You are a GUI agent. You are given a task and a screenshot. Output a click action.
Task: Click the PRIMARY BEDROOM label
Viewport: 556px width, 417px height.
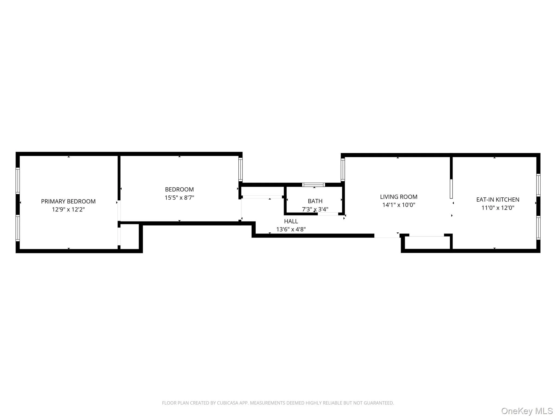click(x=68, y=201)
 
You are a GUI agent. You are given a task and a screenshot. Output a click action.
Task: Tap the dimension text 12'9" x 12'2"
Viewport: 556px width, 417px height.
click(x=68, y=210)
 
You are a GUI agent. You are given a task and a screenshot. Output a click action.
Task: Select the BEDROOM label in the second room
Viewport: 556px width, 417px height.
click(x=179, y=189)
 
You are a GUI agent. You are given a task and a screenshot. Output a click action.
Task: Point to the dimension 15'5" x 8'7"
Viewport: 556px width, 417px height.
click(x=179, y=198)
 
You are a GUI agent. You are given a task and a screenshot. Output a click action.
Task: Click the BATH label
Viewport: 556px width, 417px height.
click(x=315, y=201)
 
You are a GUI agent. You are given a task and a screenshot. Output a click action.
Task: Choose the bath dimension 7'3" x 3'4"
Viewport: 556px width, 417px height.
click(x=315, y=209)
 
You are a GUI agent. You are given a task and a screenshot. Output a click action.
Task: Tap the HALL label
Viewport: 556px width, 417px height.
click(x=291, y=221)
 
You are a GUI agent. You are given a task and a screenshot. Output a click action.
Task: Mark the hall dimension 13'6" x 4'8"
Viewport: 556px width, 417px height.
click(x=291, y=229)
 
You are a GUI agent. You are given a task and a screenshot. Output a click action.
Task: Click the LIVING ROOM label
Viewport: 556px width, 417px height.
click(x=399, y=197)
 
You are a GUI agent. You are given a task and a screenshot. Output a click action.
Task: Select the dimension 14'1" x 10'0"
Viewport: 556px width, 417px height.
click(x=399, y=205)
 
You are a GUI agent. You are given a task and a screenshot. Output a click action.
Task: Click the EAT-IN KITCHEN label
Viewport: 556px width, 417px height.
click(x=498, y=200)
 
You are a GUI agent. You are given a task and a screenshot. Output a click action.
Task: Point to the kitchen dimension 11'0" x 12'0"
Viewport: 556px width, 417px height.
click(x=498, y=208)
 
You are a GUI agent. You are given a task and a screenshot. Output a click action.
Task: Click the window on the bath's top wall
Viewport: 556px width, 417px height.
click(x=314, y=185)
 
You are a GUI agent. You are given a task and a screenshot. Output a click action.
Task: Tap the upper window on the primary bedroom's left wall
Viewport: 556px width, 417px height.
click(x=18, y=181)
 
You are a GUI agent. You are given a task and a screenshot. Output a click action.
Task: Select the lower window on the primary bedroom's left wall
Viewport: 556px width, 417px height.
click(x=18, y=228)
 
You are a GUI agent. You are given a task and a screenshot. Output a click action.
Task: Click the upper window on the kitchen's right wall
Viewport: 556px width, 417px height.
click(x=538, y=185)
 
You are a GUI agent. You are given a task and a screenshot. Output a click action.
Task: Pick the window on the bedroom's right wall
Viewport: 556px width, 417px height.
click(x=240, y=169)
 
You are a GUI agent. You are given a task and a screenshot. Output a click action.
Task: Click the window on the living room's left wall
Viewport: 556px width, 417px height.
click(x=343, y=170)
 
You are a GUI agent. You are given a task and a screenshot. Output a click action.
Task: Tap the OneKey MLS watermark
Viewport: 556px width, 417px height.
click(x=527, y=411)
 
